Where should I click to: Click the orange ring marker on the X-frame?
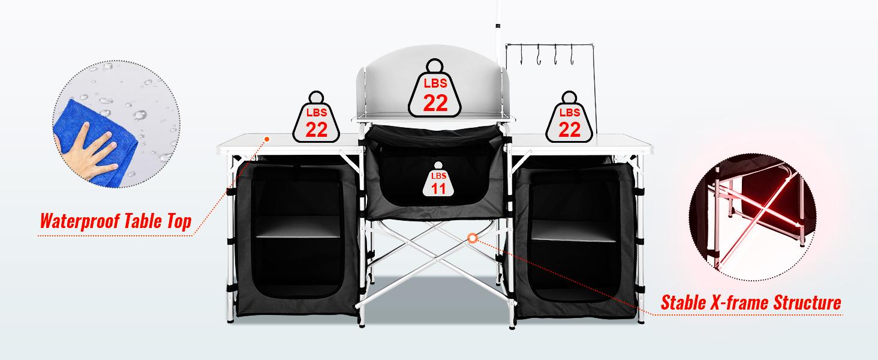click(x=473, y=238)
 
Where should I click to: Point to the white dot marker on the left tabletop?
click(x=266, y=139)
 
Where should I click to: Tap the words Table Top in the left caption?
click(x=158, y=222)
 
